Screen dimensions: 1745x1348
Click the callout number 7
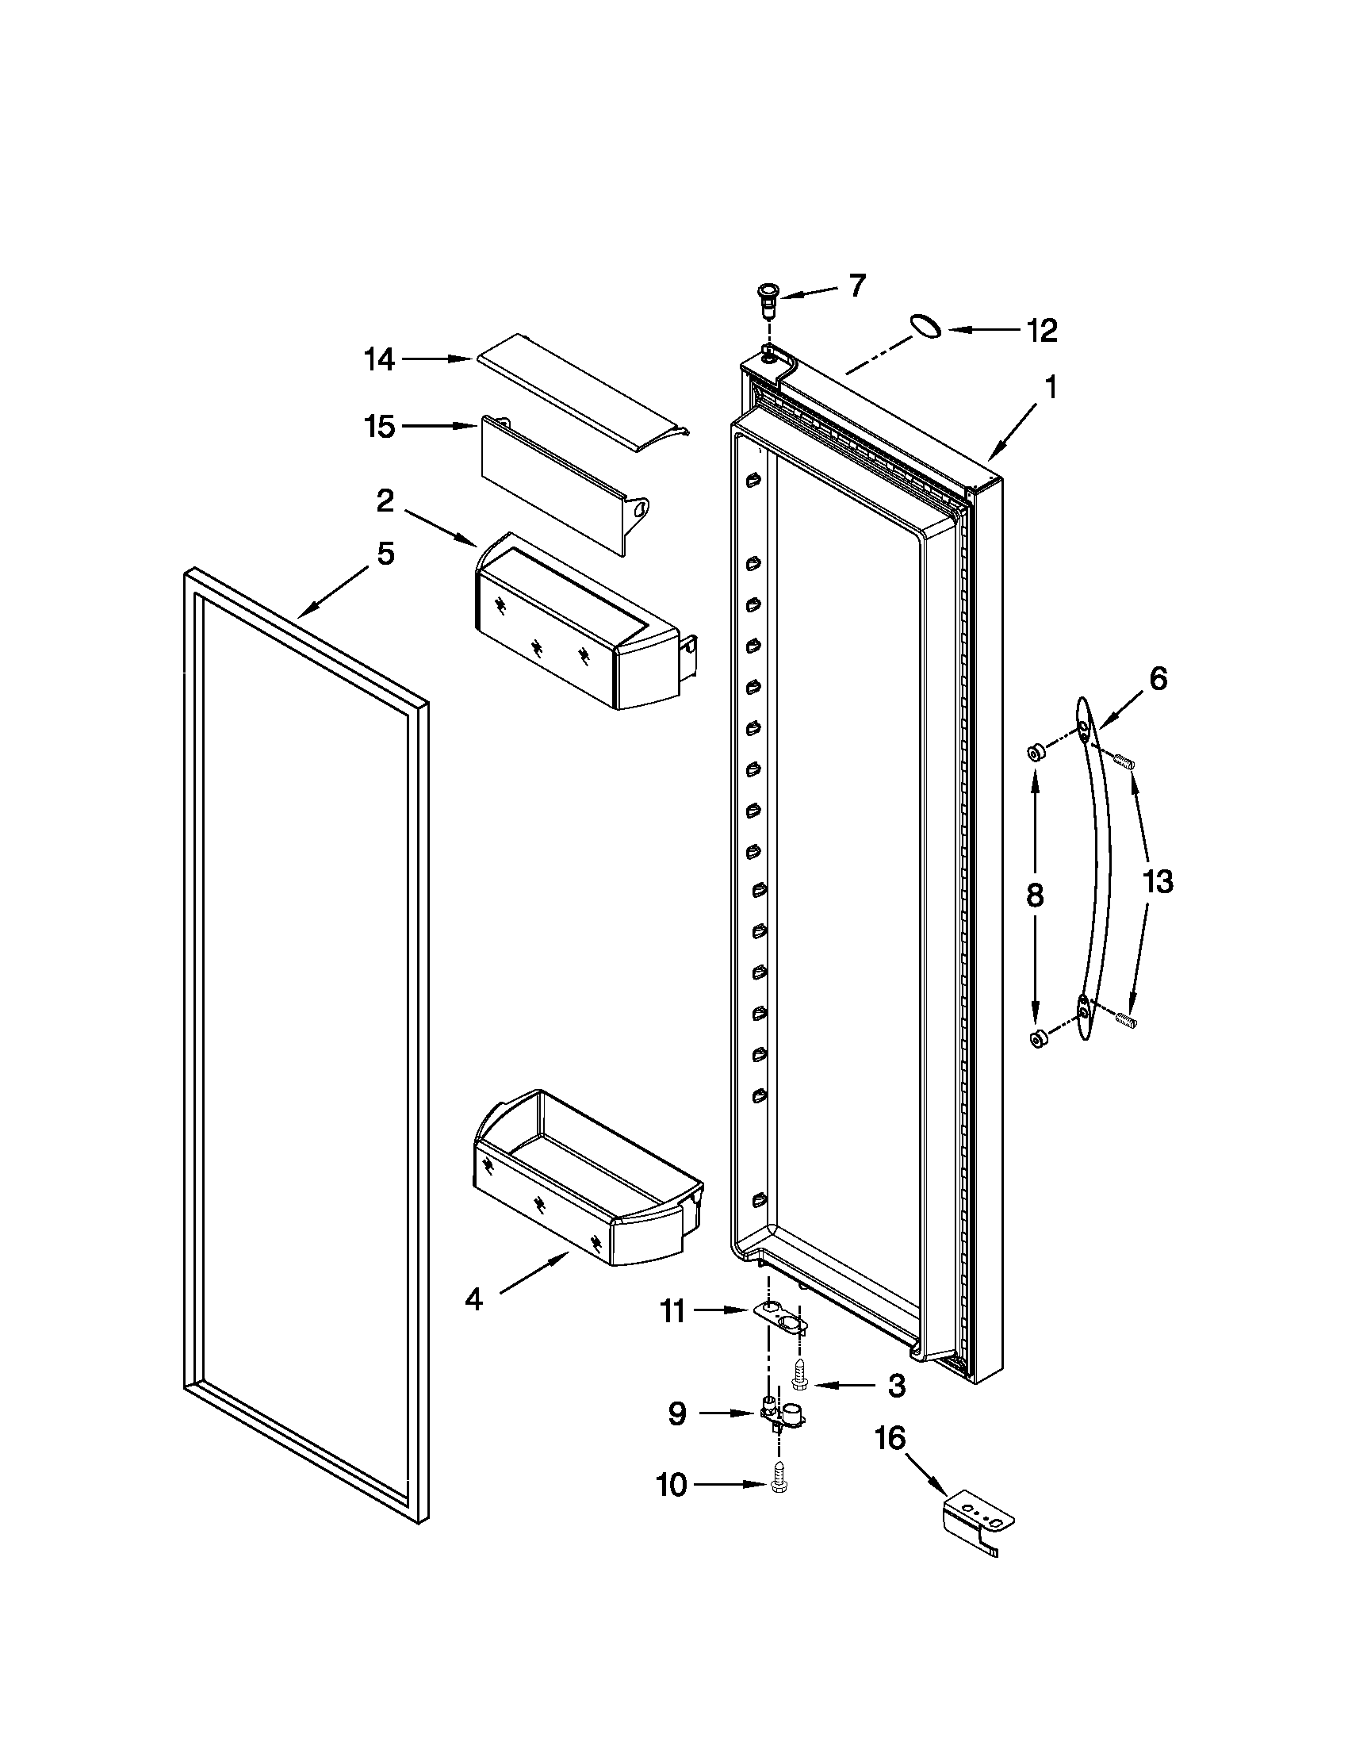click(x=857, y=286)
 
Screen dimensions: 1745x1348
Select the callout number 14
click(x=379, y=360)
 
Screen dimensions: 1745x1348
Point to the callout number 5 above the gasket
click(x=385, y=553)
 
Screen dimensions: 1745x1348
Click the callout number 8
click(x=1035, y=895)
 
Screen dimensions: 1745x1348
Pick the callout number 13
click(x=1157, y=882)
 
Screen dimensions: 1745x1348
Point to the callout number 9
click(x=676, y=1414)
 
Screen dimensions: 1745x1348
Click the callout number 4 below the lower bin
click(x=473, y=1300)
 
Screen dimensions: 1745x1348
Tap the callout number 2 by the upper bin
click(x=385, y=502)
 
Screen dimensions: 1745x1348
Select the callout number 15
click(x=379, y=427)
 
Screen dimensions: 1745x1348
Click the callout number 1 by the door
click(x=1051, y=388)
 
